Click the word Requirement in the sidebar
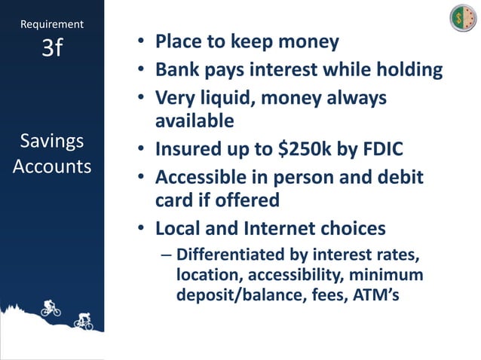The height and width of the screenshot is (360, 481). (x=52, y=24)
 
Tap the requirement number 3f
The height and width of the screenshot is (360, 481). (x=52, y=47)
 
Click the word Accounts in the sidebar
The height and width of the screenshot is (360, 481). (x=52, y=166)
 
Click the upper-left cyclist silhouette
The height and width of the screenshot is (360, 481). (x=51, y=307)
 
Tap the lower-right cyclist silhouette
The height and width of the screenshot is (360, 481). (x=83, y=322)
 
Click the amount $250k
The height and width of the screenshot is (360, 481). (x=302, y=149)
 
